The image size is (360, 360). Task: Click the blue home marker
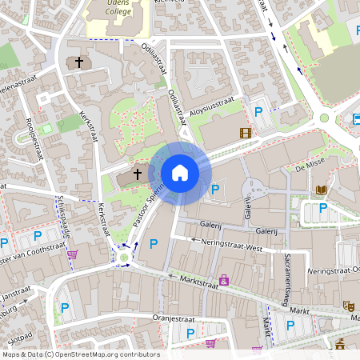click(x=180, y=172)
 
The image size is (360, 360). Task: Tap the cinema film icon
click(x=244, y=133)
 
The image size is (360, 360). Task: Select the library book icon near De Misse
click(x=321, y=190)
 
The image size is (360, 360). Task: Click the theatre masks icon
click(x=348, y=306)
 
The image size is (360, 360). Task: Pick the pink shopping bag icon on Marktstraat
click(x=224, y=280)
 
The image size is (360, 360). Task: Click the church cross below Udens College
click(x=79, y=62)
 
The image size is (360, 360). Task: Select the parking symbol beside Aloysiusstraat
click(x=258, y=112)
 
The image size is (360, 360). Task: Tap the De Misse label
click(x=307, y=167)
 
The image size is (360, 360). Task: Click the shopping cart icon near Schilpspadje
click(x=73, y=255)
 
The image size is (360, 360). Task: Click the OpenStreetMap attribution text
click(x=80, y=354)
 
